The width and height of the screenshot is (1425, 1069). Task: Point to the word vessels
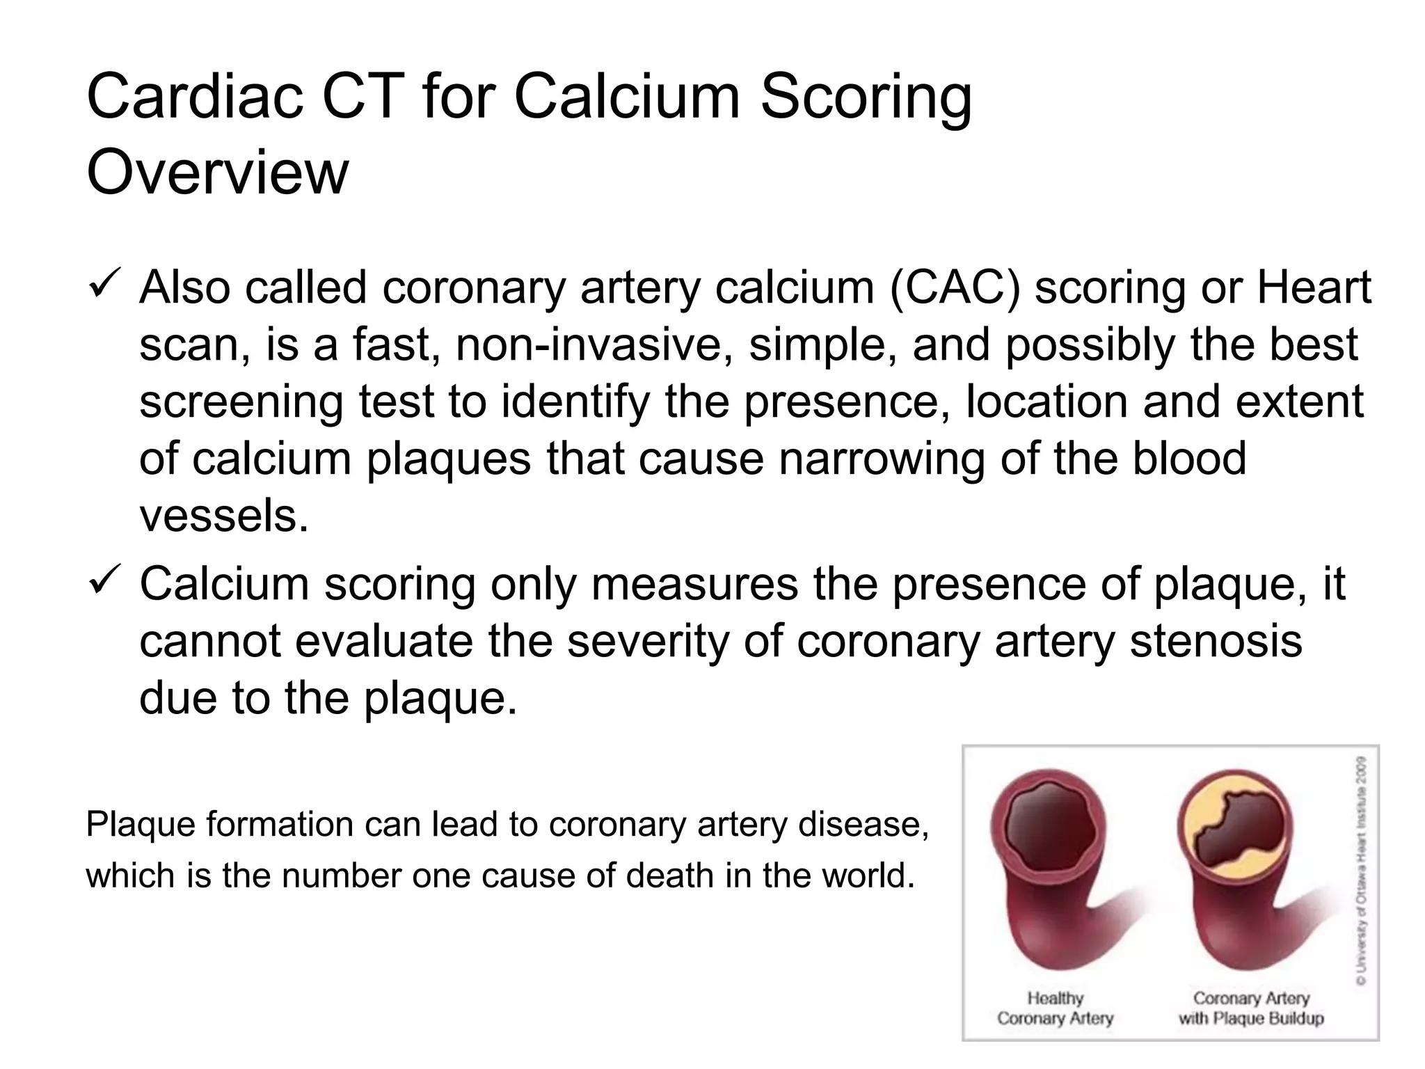click(x=223, y=516)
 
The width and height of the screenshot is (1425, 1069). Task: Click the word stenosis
click(x=1216, y=641)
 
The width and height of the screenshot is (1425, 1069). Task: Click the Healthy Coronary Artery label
click(x=1055, y=1008)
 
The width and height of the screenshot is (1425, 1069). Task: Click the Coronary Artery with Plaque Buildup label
click(x=1250, y=1008)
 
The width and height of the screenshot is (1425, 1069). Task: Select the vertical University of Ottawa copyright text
click(x=1360, y=870)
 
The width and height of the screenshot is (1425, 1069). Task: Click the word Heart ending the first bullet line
click(x=1314, y=287)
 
